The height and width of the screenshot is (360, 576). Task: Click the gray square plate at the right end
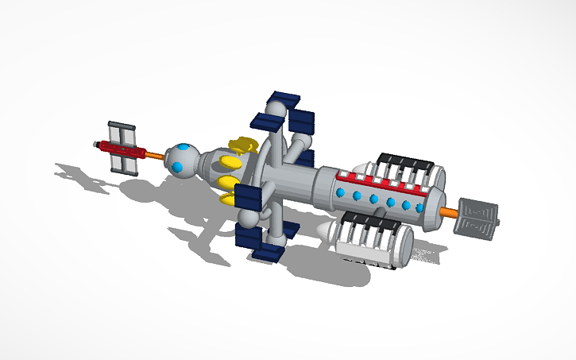(x=475, y=219)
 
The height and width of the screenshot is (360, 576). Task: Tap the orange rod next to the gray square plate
(x=447, y=212)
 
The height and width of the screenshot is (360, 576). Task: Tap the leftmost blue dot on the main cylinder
(x=341, y=192)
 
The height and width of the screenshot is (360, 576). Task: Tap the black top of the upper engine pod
(x=405, y=162)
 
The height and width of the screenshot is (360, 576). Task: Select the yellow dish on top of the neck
(x=242, y=145)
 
